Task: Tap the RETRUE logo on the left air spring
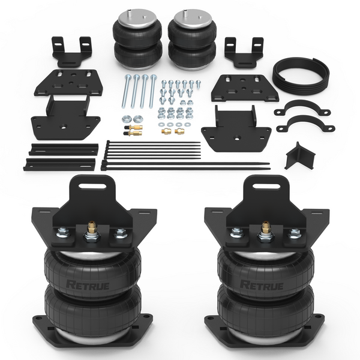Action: click(x=88, y=285)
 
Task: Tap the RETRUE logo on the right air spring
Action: click(x=262, y=285)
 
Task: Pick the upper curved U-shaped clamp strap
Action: click(x=302, y=108)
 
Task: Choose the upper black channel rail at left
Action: click(x=64, y=149)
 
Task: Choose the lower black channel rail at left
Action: click(x=59, y=164)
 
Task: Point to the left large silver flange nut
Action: click(x=127, y=118)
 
